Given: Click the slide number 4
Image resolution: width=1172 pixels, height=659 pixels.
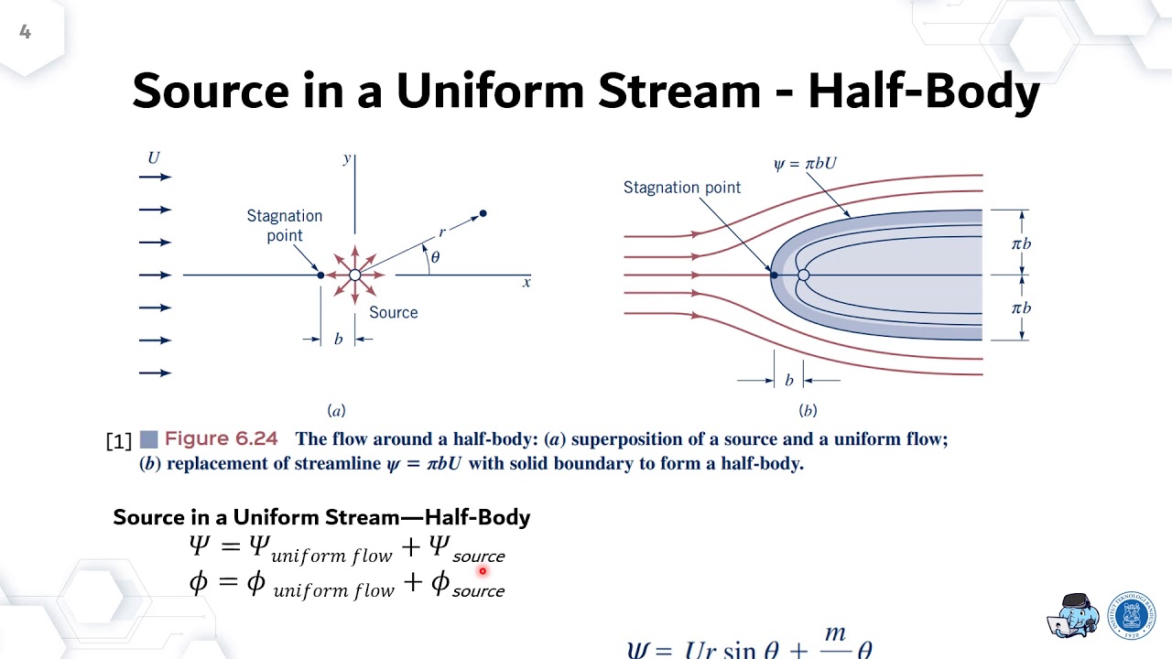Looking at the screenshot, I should click(25, 33).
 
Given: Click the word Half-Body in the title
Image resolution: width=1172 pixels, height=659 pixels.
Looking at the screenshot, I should click(924, 92).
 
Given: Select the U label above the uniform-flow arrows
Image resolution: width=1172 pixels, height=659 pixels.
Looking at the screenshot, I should click(154, 157).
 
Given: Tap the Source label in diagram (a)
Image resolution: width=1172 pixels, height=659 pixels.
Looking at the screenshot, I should click(394, 312).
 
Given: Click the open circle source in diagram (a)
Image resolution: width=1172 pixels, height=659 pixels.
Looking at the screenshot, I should click(355, 275).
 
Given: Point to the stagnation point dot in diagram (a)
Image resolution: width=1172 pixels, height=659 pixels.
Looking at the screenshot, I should click(320, 275).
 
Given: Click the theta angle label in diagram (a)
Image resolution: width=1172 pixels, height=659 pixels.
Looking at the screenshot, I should click(435, 257).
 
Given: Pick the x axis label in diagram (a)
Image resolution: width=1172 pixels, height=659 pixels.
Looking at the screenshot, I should click(526, 283).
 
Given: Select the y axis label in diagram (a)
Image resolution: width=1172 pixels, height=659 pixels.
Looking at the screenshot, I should click(347, 158).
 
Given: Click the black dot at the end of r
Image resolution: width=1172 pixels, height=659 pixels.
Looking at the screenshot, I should click(483, 213).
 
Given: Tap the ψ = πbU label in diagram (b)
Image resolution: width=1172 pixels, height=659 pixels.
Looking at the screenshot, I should click(805, 164).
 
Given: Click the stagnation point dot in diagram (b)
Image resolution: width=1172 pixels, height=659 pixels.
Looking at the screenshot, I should click(774, 275).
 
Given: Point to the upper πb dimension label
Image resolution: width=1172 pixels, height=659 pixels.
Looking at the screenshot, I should click(1021, 243).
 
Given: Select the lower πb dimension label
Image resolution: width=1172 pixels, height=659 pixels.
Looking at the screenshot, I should click(1021, 308).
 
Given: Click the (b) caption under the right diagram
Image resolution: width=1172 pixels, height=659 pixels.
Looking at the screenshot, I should click(808, 411).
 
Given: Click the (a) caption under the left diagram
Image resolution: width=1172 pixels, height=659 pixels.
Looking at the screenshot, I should click(337, 411).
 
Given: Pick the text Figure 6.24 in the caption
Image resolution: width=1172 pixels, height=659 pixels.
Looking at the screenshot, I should click(221, 439).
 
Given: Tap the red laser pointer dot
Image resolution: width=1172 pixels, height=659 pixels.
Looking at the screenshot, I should click(483, 571).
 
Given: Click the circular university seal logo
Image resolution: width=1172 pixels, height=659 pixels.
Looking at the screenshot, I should click(1132, 615).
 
